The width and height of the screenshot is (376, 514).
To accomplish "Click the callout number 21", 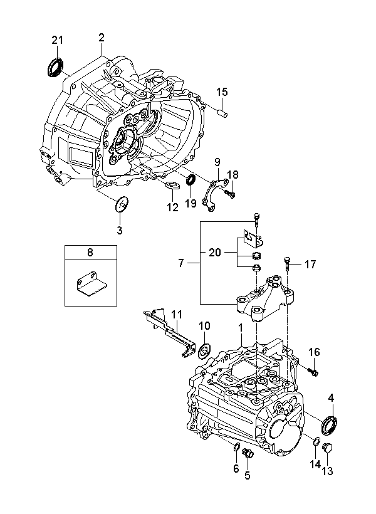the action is click(x=57, y=40).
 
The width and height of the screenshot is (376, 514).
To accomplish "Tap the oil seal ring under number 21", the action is click(x=55, y=68).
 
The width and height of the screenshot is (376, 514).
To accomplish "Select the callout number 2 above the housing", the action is click(x=102, y=38).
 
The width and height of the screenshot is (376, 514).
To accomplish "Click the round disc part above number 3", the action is click(x=122, y=204).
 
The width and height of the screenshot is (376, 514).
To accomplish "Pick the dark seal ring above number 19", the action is click(x=191, y=180).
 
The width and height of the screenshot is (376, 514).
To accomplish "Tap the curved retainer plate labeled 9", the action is click(x=215, y=194).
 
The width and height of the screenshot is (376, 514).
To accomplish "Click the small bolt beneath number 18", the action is click(x=230, y=195).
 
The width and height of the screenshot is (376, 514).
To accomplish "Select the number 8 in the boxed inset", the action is click(x=90, y=253).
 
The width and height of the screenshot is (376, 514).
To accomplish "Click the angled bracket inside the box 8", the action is click(x=91, y=285).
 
